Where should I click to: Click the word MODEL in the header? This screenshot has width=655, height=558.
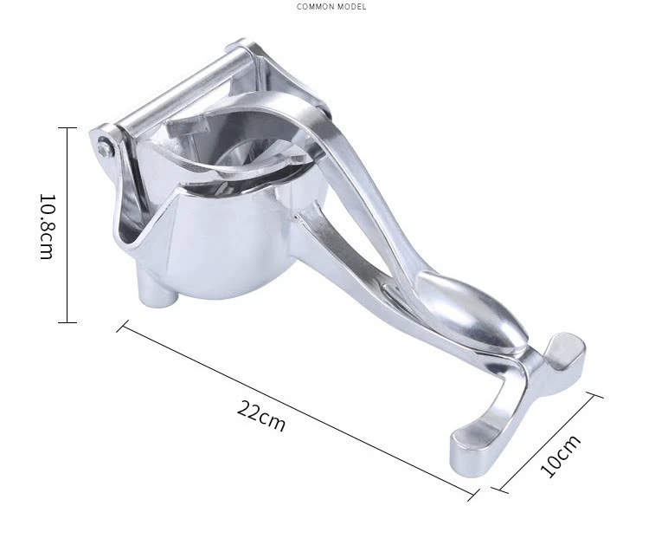[353, 7]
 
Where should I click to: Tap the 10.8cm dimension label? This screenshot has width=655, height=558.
[47, 226]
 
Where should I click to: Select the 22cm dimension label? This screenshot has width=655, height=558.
[261, 415]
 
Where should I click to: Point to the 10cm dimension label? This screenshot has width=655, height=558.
[560, 456]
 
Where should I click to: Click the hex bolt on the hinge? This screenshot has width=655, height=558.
[104, 147]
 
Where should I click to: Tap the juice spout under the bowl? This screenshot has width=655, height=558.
[157, 289]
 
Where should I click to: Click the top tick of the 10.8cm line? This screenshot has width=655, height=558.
[67, 127]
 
